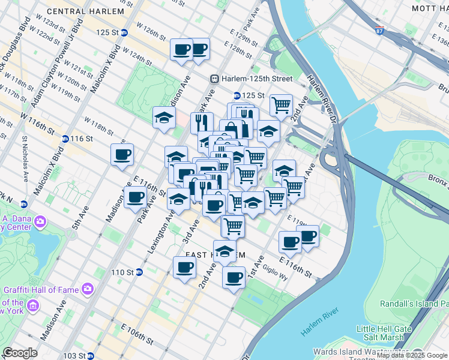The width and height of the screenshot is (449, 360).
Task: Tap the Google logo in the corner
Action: (x=20, y=353)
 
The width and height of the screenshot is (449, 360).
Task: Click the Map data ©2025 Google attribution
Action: (x=412, y=355)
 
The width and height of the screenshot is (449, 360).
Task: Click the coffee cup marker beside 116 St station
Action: (x=122, y=155)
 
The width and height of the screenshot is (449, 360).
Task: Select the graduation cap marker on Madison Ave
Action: (x=164, y=118)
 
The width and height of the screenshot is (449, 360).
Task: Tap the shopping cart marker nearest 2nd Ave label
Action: (x=281, y=105)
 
